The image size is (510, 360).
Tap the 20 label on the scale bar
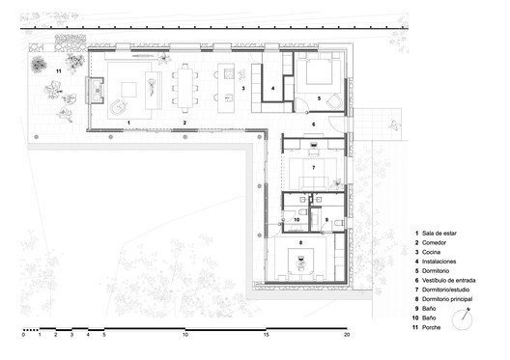[345, 336]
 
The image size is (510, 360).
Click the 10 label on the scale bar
[184, 336]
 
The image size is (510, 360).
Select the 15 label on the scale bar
[265, 336]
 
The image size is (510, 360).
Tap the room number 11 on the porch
[58, 70]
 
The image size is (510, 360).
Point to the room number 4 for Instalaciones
[273, 88]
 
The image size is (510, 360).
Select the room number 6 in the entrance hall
[312, 125]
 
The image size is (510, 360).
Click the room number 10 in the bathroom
[297, 220]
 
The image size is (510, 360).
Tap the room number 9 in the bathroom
[326, 220]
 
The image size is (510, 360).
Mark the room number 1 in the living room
[127, 123]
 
